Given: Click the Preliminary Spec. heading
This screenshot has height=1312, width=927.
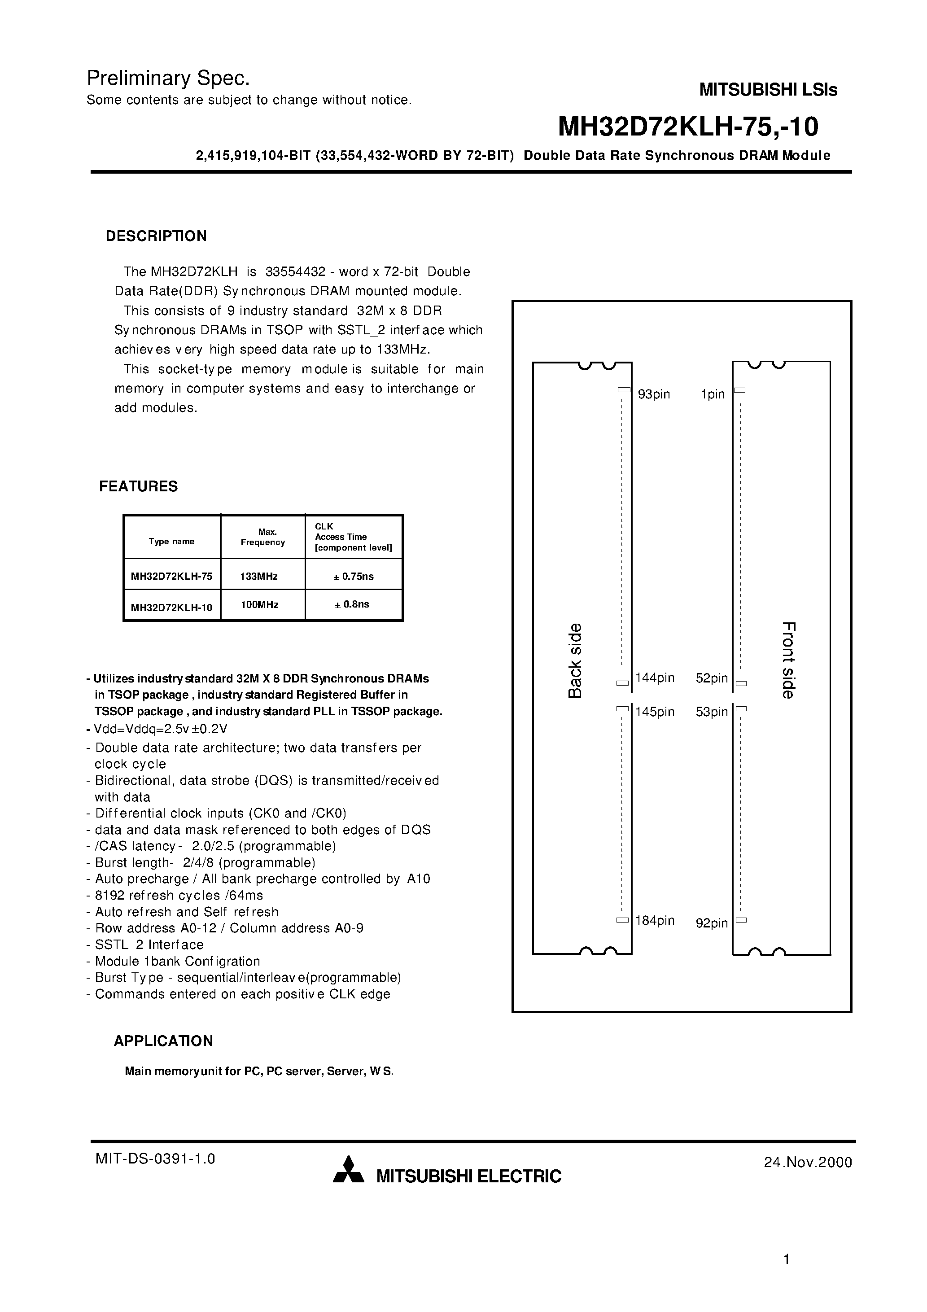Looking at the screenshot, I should tap(168, 78).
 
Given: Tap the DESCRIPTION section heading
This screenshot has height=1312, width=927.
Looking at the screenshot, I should tap(156, 236).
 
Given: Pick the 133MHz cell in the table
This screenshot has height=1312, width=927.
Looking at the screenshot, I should tap(259, 576).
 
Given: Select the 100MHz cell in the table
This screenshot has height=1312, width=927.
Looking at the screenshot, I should tap(259, 604).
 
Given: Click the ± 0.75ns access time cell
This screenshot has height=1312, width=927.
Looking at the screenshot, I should tap(354, 576).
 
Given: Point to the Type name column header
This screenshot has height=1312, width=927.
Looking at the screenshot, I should tap(171, 541).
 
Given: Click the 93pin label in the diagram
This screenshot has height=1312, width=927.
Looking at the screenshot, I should tap(654, 394).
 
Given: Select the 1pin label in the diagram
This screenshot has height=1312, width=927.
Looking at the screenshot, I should tap(713, 394).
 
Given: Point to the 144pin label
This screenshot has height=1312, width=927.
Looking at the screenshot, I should tap(655, 678).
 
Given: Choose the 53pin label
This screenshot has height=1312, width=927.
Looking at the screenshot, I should tap(712, 712).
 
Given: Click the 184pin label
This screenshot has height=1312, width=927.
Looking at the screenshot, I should tap(655, 921).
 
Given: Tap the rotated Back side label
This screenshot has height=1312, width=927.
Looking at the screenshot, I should tap(575, 660).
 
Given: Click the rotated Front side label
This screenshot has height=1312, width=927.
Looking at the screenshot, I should tap(789, 660).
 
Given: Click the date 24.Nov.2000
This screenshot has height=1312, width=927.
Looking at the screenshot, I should tap(808, 1162).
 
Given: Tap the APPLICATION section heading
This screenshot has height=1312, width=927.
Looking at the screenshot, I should tap(163, 1041).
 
